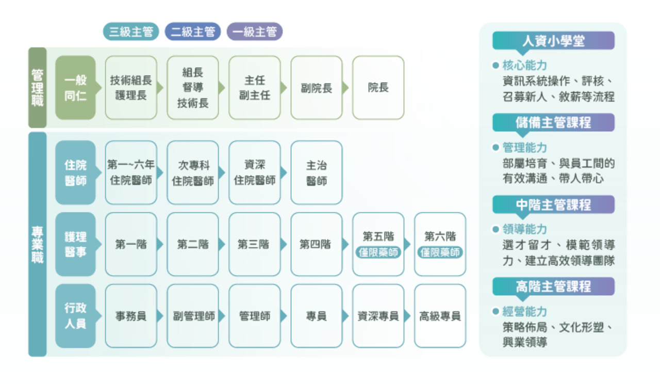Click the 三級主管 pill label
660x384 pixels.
coord(131,31)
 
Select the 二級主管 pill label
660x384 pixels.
coord(193,31)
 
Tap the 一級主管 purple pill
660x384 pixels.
coord(255,31)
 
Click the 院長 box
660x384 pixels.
coord(378,88)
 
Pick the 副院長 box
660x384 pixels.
coord(317,88)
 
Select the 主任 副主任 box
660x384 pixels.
coord(255,88)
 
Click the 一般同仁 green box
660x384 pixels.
coord(76,88)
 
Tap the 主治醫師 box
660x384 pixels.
coord(317,172)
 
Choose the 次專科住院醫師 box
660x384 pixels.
coord(193,172)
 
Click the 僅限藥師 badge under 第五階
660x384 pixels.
coord(378,252)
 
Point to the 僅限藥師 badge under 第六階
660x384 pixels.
coord(440,252)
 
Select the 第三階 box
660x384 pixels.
coord(255,244)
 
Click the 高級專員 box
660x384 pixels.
coord(440,316)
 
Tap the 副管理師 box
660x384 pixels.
coord(193,316)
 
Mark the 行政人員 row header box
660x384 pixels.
coord(76,316)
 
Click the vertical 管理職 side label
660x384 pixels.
coord(38,88)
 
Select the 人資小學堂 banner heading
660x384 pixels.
coord(553,41)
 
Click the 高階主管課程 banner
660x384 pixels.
coord(553,286)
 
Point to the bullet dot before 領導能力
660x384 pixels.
coord(496,229)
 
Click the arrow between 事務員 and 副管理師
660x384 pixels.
coord(160,316)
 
